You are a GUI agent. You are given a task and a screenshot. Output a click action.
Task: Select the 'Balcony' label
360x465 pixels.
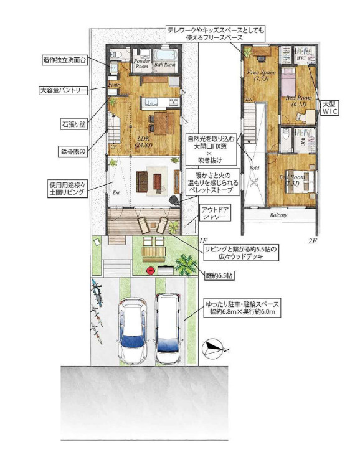(278, 215)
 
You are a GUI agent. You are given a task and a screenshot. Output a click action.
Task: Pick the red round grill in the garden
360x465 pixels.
(150, 269)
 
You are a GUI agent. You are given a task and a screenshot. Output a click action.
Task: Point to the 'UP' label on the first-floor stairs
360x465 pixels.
(113, 147)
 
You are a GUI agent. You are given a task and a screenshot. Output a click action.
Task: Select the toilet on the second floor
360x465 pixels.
(285, 134)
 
